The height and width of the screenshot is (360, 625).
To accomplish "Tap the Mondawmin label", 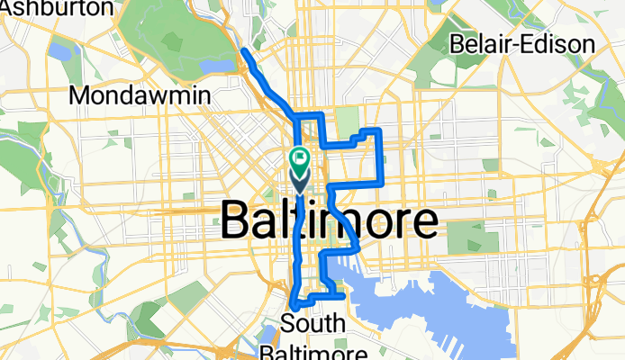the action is tap(139, 94).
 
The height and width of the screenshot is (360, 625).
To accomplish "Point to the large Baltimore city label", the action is tap(329, 220).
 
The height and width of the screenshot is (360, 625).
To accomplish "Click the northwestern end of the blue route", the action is tap(244, 53).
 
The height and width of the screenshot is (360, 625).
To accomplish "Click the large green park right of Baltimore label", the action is tap(466, 236).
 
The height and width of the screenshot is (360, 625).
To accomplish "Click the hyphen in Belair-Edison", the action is tap(536, 44).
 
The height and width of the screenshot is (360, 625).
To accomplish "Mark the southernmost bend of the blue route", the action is tap(294, 311).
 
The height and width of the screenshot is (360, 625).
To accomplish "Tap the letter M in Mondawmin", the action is tap(80, 94).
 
